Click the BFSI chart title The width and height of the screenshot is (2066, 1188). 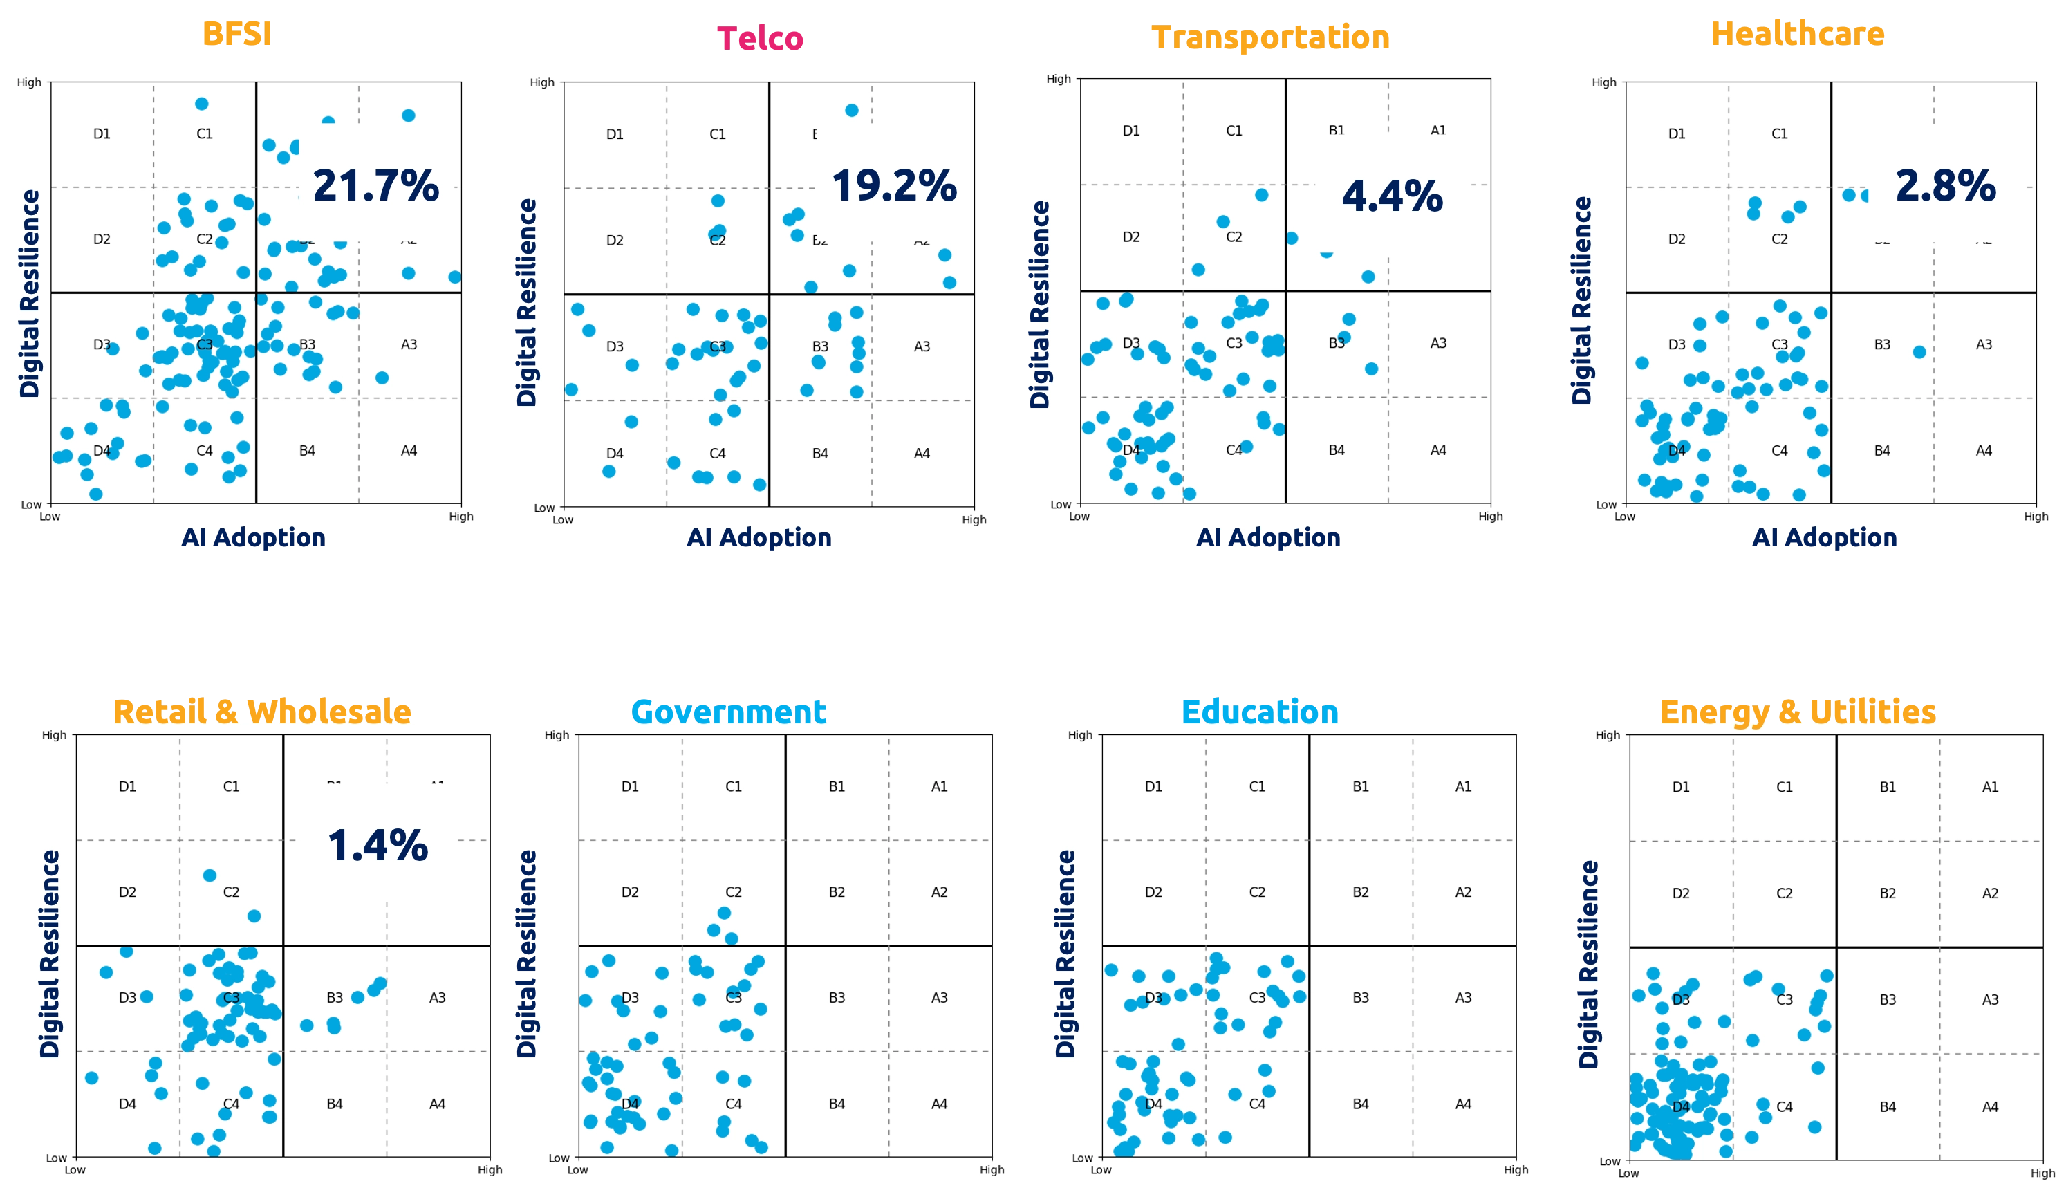235,35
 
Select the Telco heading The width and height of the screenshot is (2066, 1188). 760,38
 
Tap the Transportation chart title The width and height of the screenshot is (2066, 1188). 1272,37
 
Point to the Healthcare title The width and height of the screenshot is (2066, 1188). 1797,35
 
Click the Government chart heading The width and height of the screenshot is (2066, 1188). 729,712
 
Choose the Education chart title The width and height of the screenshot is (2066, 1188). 1259,712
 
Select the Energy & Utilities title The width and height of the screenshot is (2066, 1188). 1797,712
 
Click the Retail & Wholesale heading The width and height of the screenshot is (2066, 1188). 262,712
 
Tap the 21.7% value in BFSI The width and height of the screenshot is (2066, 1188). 375,186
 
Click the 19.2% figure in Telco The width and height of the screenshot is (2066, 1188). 894,186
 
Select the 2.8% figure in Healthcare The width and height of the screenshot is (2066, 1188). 1945,186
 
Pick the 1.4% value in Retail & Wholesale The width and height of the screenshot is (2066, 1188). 378,846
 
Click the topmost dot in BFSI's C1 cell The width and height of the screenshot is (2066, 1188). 201,104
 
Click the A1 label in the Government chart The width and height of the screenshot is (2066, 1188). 940,786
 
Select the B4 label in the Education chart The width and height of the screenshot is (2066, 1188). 1361,1104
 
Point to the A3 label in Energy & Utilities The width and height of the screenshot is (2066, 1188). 1990,999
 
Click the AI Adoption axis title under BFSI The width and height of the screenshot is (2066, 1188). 253,538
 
